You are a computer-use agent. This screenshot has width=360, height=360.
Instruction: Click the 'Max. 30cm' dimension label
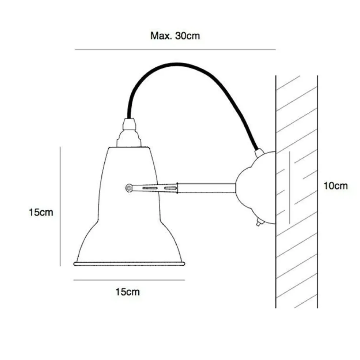pos(175,36)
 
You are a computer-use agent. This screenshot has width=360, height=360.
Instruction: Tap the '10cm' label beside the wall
pos(335,186)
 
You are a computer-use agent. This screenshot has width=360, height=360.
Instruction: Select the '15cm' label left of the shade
pos(41,212)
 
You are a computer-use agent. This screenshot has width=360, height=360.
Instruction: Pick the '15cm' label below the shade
pos(127,292)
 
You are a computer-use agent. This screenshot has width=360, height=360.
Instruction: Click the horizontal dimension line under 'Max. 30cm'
pos(175,49)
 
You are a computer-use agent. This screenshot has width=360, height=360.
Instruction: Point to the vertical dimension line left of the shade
pos(60,207)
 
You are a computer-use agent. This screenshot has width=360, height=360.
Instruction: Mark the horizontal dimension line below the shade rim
pos(129,280)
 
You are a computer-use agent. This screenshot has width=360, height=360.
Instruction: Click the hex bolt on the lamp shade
pos(129,188)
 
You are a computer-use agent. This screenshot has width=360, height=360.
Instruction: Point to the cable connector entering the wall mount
pos(259,153)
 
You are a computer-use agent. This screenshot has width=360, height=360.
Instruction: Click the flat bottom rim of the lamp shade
pos(129,264)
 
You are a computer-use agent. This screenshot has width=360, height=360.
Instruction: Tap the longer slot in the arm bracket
pos(150,188)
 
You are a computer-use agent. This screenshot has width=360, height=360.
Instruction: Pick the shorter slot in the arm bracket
pos(170,188)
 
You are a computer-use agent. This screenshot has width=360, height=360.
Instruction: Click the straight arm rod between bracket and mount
pos(207,188)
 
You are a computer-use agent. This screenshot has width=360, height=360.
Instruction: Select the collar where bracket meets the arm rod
pos(177,188)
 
